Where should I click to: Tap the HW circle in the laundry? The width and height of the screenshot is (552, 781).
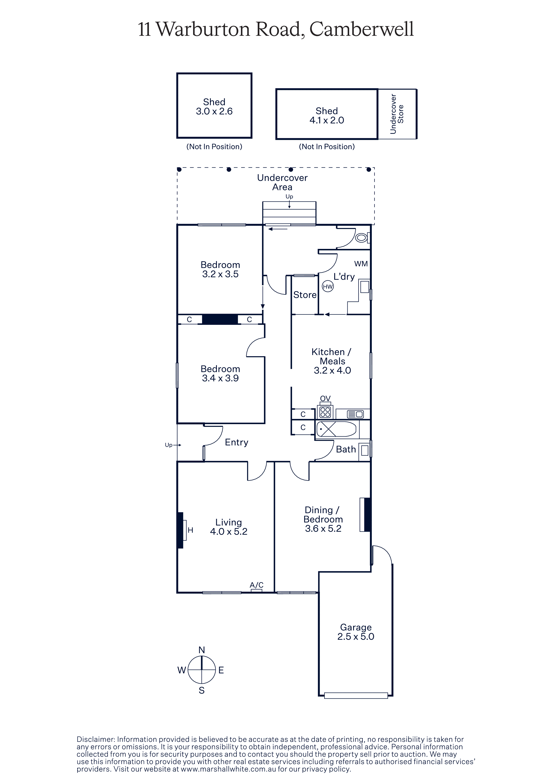[328, 286]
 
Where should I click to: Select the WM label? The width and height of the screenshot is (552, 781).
[361, 264]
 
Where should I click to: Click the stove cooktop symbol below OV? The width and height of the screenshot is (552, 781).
[325, 412]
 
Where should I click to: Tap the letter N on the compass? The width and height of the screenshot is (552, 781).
[202, 650]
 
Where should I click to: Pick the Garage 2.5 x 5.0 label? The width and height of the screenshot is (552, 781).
[356, 632]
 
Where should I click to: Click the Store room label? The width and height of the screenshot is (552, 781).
[305, 295]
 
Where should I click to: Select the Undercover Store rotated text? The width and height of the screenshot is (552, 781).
[397, 114]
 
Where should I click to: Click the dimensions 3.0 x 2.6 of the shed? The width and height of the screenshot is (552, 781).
[214, 111]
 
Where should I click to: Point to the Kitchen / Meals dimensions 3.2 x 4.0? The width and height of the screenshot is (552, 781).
[332, 370]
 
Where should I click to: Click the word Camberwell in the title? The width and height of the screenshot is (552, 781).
[362, 29]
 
